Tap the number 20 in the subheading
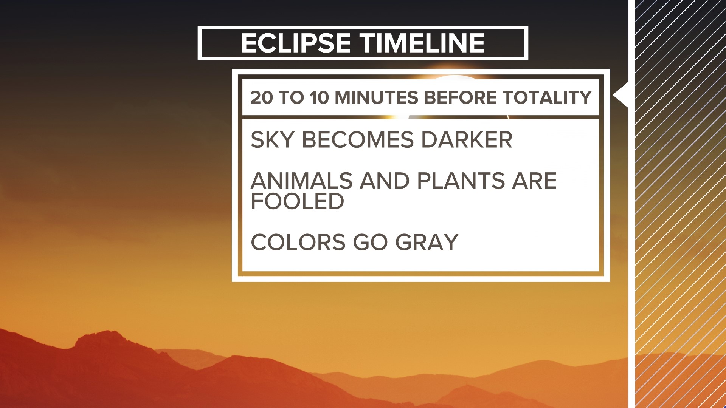tap(261, 97)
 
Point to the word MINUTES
tap(377, 97)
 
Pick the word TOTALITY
tap(547, 97)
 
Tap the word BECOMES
tap(358, 140)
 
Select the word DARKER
tap(467, 140)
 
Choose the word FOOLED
tap(298, 201)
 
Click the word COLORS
tap(298, 242)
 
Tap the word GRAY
tap(427, 242)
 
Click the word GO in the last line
tap(370, 242)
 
